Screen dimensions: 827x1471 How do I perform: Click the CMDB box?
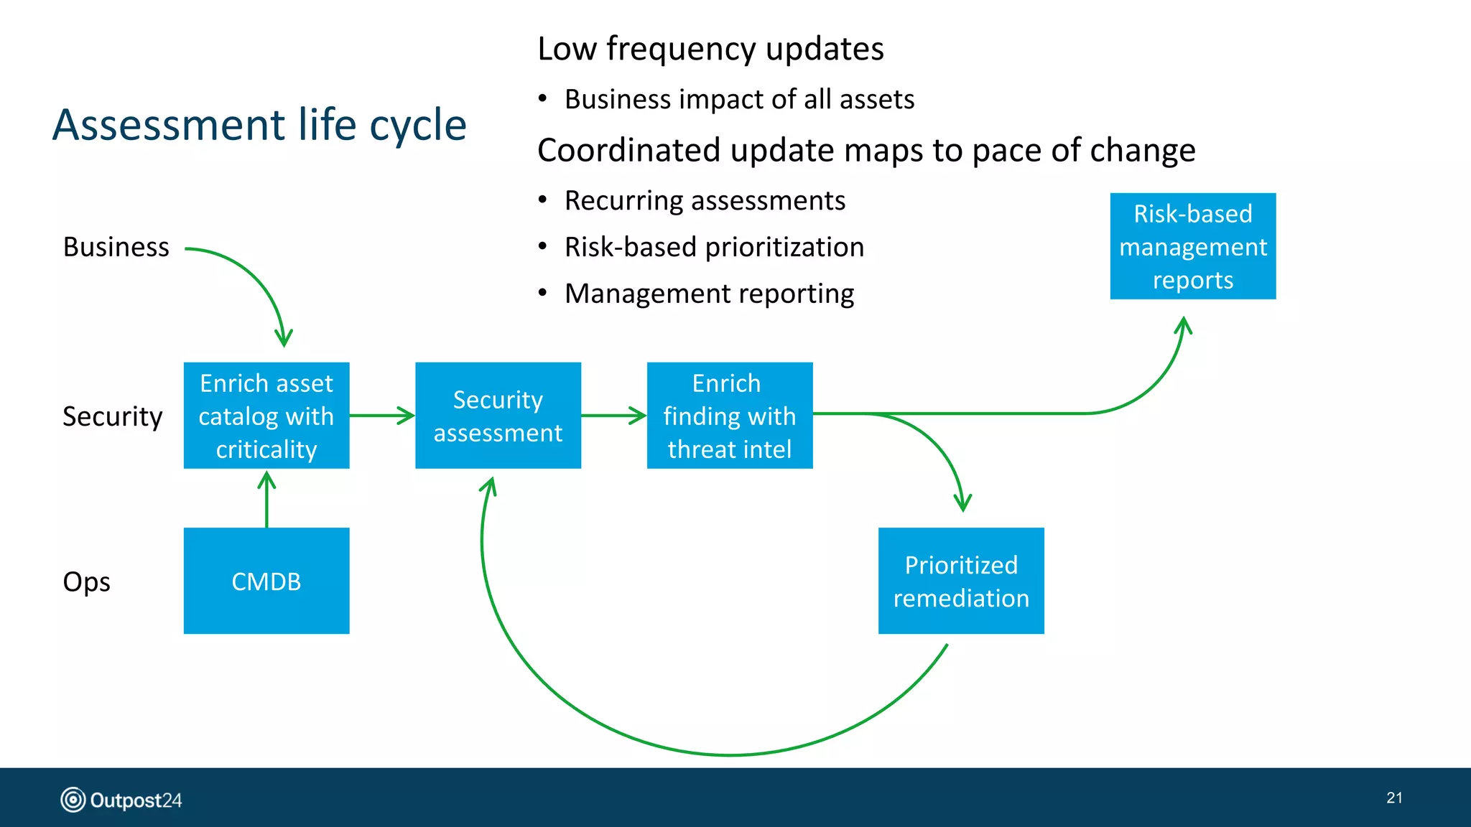point(266,581)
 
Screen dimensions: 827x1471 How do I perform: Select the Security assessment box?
point(498,416)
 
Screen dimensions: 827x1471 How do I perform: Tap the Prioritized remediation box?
point(961,581)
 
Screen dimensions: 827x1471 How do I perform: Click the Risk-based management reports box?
point(1192,246)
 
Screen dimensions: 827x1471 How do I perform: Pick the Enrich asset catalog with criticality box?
point(266,416)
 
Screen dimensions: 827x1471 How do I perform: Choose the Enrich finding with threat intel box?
point(730,416)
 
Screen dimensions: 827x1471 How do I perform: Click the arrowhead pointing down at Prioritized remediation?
point(962,503)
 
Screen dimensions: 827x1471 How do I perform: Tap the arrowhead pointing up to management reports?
point(1184,326)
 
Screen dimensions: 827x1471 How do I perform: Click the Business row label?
point(116,247)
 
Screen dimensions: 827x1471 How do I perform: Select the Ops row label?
point(86,581)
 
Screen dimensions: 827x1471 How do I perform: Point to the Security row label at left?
point(113,416)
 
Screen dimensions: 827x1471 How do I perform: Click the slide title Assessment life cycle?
point(259,125)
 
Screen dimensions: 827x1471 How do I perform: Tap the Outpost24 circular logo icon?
point(73,799)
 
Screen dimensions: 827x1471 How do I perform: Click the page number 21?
point(1394,798)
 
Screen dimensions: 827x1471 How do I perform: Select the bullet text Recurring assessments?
point(705,200)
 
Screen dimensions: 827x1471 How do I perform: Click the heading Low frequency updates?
point(710,49)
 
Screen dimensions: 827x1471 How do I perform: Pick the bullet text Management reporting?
point(709,294)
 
